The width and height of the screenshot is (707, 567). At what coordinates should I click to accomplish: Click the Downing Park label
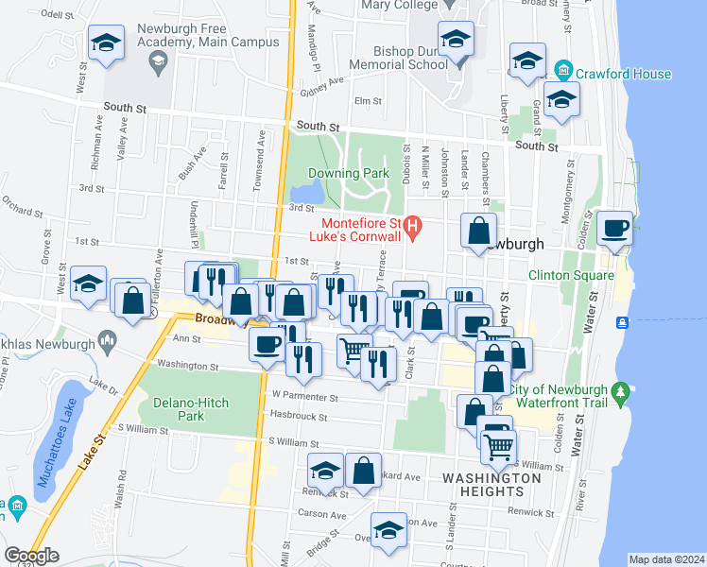(x=348, y=174)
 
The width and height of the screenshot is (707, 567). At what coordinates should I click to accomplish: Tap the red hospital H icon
(x=412, y=226)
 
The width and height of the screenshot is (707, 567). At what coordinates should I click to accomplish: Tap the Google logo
(x=31, y=556)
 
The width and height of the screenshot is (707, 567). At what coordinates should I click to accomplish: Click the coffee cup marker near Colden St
(x=615, y=230)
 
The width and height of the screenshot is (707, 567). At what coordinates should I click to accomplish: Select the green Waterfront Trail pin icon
(x=621, y=390)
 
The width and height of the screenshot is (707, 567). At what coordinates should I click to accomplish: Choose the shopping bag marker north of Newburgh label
(x=480, y=231)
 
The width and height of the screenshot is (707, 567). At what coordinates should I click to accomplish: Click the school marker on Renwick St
(x=325, y=472)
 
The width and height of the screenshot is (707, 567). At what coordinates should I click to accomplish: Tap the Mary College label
(x=401, y=4)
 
